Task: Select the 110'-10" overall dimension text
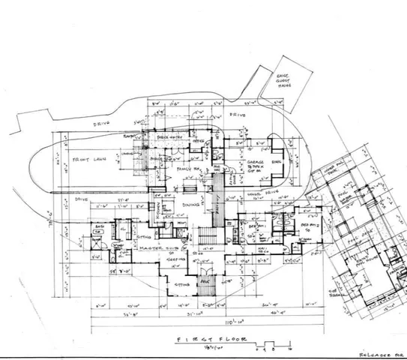tap(217, 323)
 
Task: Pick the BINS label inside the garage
tap(276, 161)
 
